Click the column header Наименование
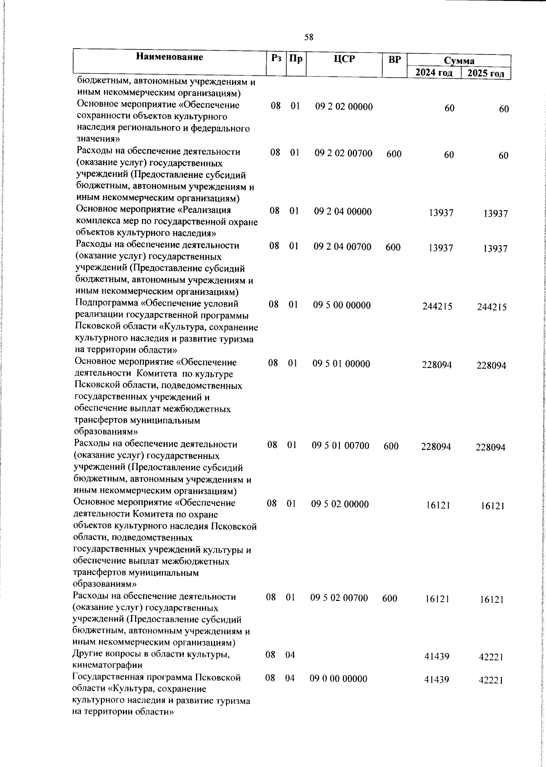click(x=169, y=57)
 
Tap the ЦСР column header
click(x=344, y=59)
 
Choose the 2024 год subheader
click(x=434, y=73)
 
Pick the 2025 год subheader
click(x=486, y=74)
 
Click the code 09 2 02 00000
click(x=344, y=107)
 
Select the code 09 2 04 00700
click(x=343, y=247)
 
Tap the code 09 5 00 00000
click(x=342, y=305)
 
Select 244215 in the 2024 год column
click(x=437, y=307)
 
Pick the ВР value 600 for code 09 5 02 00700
click(x=390, y=598)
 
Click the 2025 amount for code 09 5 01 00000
click(x=491, y=366)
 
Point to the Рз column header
click(x=276, y=58)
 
